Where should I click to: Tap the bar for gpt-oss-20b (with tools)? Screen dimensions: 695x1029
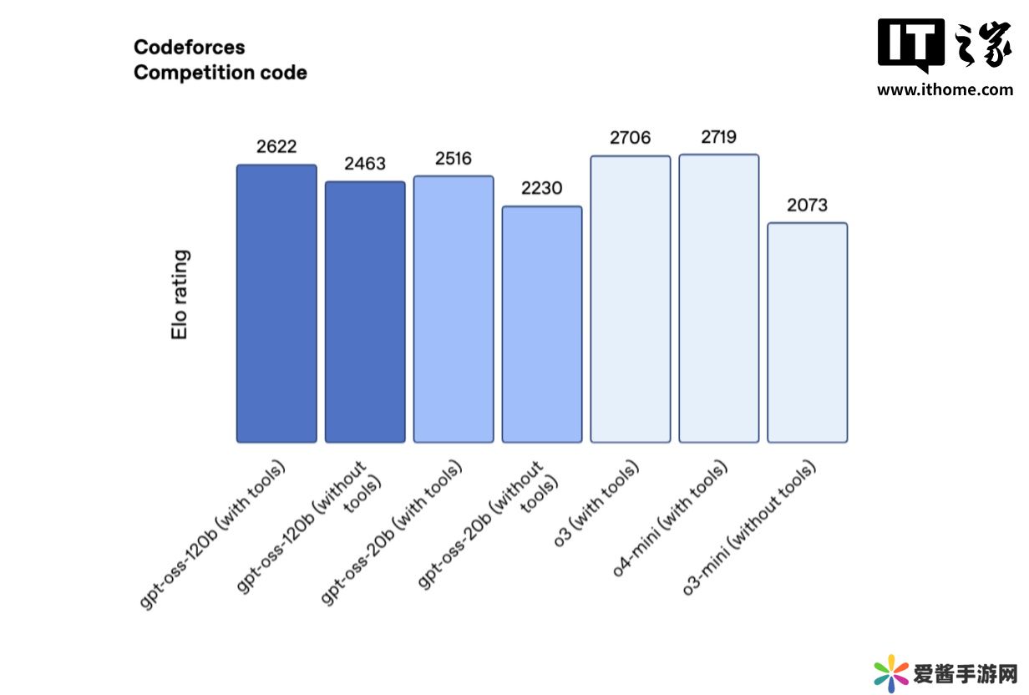[454, 308]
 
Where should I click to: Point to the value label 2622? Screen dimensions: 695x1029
[276, 147]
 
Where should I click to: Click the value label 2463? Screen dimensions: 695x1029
[365, 164]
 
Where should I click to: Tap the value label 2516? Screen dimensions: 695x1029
[454, 159]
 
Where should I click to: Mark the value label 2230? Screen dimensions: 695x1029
[542, 189]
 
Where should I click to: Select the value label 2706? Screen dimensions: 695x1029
[631, 138]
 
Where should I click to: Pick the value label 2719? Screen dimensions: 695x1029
[719, 137]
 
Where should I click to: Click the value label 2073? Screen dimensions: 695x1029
[808, 205]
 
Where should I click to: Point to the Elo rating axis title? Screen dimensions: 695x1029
[180, 294]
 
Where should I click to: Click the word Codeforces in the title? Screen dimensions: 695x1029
[189, 47]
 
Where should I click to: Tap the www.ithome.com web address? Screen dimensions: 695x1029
[945, 90]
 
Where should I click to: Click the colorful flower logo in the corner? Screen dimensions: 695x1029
[890, 673]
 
